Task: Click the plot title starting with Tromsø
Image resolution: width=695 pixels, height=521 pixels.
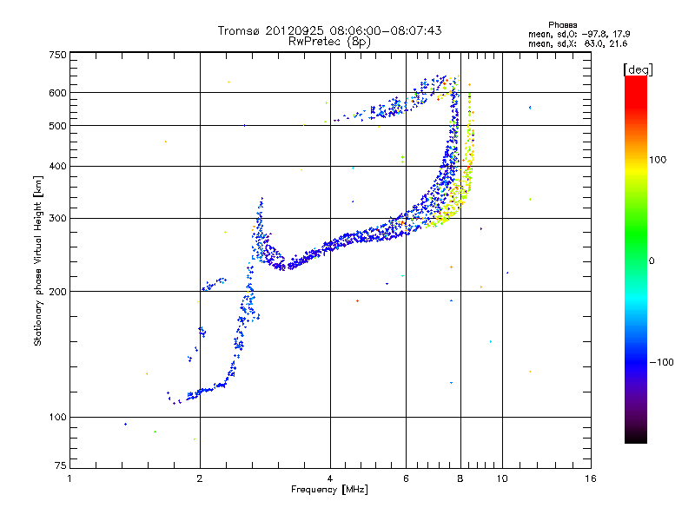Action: tap(329, 30)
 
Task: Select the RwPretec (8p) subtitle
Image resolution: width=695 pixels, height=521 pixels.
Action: tap(329, 41)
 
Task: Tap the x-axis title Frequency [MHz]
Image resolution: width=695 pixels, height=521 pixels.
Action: tap(329, 490)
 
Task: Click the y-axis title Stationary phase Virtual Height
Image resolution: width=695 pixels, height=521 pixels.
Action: tap(38, 260)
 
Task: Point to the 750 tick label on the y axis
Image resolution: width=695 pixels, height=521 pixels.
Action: tap(58, 55)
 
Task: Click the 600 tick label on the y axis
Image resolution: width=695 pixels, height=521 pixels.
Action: tap(58, 92)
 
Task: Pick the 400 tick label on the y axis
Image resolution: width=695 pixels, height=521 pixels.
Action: tap(58, 166)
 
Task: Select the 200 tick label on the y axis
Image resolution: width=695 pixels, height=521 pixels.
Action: tap(58, 291)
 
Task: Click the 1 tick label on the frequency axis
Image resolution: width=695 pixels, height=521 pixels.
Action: tap(69, 478)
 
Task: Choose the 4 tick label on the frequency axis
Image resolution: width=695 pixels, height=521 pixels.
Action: tap(330, 478)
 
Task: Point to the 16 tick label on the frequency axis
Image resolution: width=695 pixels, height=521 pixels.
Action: tap(591, 478)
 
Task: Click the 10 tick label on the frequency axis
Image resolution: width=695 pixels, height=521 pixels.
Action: tap(502, 478)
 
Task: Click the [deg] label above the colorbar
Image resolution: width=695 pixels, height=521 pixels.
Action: tap(639, 69)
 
